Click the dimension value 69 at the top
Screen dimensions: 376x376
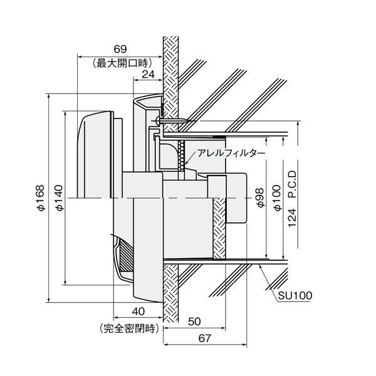120,49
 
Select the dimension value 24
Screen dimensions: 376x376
148,75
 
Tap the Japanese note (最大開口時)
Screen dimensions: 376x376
122,63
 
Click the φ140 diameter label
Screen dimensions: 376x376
59,197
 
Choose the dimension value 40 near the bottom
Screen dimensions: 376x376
138,311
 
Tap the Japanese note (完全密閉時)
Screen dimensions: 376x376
129,328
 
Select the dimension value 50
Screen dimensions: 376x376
194,321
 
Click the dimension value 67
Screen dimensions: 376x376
204,338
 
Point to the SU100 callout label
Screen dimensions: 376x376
295,296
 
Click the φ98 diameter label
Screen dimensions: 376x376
261,197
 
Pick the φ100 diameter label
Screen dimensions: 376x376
278,198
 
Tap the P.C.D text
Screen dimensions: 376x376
292,184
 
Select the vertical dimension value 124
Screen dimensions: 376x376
292,217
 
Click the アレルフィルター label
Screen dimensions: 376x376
231,154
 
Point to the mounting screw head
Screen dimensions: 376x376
157,120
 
